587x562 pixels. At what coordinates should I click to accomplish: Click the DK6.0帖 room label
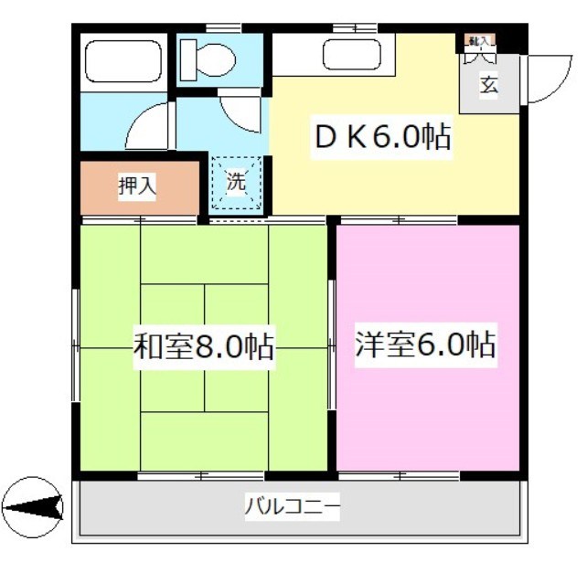click(382, 138)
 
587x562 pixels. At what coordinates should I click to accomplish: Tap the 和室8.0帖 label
click(204, 347)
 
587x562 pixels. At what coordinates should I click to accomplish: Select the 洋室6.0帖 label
click(424, 345)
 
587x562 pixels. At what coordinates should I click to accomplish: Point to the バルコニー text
click(293, 505)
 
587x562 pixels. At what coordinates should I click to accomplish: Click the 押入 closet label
click(137, 186)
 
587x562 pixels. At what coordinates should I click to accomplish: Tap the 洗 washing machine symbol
click(237, 182)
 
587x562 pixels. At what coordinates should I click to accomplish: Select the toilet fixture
click(208, 60)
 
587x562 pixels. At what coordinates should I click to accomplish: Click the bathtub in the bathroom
click(123, 61)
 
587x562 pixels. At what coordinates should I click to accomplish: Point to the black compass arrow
click(34, 504)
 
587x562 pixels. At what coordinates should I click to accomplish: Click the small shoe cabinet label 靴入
click(479, 41)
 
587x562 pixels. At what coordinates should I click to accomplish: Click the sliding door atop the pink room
click(400, 220)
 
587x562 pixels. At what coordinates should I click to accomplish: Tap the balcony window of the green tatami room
click(201, 475)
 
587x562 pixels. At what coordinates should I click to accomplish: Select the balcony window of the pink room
click(399, 475)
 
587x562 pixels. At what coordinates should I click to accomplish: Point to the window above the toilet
click(217, 28)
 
